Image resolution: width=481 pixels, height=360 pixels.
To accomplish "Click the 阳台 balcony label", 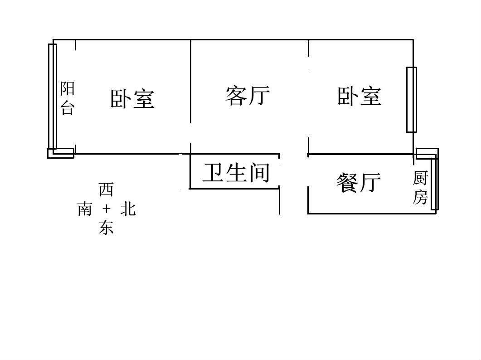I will click(x=67, y=98).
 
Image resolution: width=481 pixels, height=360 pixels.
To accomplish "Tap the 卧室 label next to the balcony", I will click(x=132, y=99).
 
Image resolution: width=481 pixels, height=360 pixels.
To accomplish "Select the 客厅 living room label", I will click(x=248, y=96).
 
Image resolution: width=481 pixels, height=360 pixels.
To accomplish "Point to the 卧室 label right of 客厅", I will click(x=360, y=96).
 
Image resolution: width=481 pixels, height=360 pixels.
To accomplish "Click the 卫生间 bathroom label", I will click(x=236, y=172).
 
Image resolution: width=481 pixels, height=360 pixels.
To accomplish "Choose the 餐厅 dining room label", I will click(x=359, y=183).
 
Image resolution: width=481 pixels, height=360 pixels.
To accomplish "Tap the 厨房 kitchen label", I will click(x=420, y=188).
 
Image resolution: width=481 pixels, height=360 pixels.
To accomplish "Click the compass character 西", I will click(x=106, y=190).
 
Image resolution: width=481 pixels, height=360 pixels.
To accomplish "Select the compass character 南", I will click(x=84, y=209).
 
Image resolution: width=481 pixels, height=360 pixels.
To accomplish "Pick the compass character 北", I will click(x=128, y=209).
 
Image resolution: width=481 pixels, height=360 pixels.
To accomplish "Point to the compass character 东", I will click(x=106, y=228).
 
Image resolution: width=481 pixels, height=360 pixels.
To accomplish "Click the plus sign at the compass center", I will click(x=106, y=209).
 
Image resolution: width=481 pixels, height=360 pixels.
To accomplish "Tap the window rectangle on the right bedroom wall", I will click(x=411, y=100).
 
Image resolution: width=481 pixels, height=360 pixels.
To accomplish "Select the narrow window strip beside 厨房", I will click(x=434, y=184).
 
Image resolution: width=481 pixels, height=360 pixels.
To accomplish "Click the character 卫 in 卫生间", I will click(x=213, y=172).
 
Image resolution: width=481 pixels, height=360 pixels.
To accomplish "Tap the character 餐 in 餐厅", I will click(x=347, y=183).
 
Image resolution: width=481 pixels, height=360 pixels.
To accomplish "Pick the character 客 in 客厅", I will click(x=236, y=96).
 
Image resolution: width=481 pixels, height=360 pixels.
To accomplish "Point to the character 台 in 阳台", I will click(x=67, y=108).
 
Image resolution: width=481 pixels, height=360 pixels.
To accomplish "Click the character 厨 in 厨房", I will click(x=420, y=178).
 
